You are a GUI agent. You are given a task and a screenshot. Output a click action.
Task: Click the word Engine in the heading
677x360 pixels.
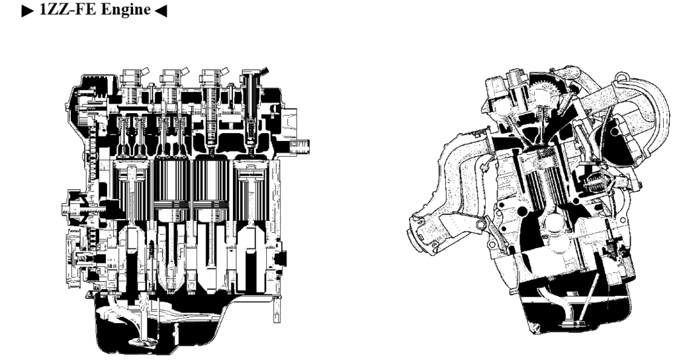coord(126,9)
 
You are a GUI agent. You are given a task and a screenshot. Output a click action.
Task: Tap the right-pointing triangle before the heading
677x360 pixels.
coord(28,11)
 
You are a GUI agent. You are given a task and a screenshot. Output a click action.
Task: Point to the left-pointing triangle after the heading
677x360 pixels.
coord(160,11)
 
